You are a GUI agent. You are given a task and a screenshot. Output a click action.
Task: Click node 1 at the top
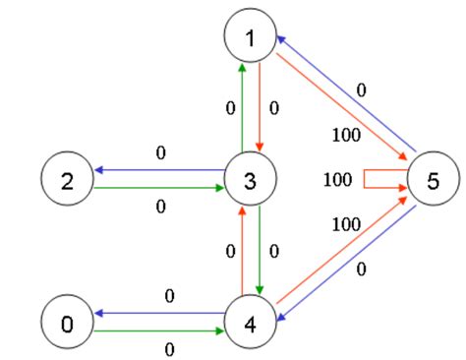[x=250, y=38]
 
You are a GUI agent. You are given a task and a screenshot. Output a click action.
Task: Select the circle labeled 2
[x=67, y=179]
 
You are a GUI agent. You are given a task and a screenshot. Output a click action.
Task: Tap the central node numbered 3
[x=250, y=179]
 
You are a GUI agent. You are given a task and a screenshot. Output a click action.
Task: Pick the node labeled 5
[x=432, y=179]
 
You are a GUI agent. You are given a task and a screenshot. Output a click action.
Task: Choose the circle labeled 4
[x=250, y=321]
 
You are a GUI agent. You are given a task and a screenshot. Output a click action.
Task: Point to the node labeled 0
[x=67, y=321]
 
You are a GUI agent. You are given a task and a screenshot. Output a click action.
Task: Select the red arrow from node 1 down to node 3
[x=261, y=108]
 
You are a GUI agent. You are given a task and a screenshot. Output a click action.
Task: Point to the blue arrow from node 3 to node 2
[x=157, y=169]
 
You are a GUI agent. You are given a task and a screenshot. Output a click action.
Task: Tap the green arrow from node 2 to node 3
[x=157, y=189]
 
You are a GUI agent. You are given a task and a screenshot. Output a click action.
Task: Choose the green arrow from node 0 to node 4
[x=157, y=331]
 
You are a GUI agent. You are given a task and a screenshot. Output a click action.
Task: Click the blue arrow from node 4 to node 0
[x=157, y=311]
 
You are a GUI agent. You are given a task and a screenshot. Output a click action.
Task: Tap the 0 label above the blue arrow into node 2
[x=160, y=153]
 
